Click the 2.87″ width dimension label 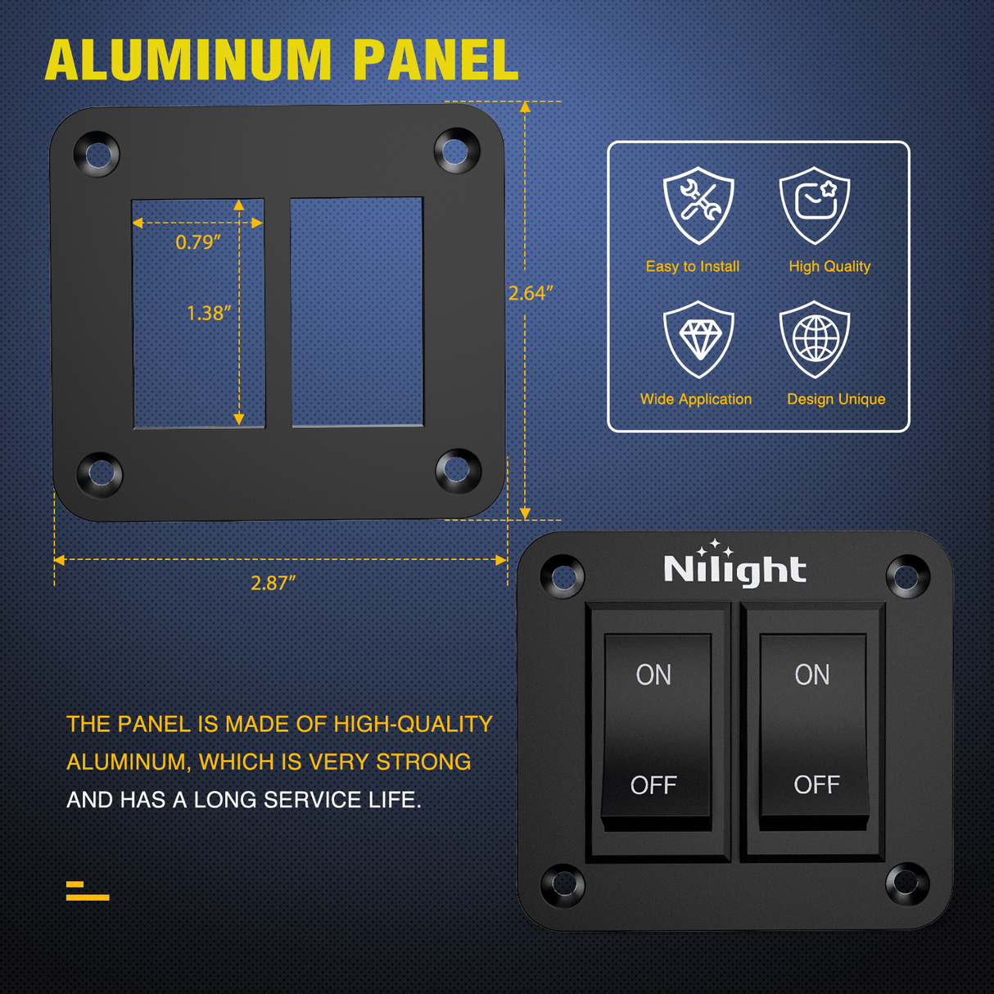(273, 583)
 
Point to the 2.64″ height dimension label (531, 293)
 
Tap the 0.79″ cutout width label (198, 242)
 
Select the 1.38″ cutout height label (208, 314)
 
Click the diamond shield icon (698, 339)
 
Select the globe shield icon (815, 339)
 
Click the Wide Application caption (696, 400)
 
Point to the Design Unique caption (836, 400)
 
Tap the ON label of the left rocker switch (653, 675)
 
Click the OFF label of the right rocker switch (816, 785)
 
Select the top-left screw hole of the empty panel (97, 154)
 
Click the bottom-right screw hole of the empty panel (458, 470)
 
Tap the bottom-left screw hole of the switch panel (563, 884)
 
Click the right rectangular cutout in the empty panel (357, 312)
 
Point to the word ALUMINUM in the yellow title (188, 61)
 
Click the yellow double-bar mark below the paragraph (87, 892)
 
